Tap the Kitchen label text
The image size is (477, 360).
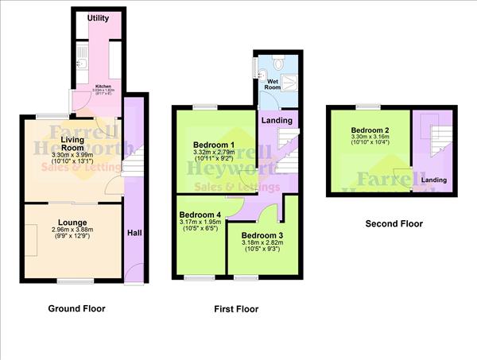coord(103,87)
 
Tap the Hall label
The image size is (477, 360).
coord(134,233)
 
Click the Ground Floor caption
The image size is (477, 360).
coord(76,308)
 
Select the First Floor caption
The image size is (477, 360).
coord(236,309)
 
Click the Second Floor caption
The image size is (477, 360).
coord(394,224)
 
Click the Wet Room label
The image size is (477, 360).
coord(274,84)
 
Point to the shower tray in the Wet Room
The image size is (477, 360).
coord(287,75)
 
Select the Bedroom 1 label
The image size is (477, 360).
coord(211,143)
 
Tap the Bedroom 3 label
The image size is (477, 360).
coord(262,236)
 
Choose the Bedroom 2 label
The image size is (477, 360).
coord(370,130)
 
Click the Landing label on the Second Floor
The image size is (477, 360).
coord(433,180)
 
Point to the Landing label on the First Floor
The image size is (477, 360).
coord(277,120)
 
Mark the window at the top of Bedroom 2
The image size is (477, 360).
coord(367,106)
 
